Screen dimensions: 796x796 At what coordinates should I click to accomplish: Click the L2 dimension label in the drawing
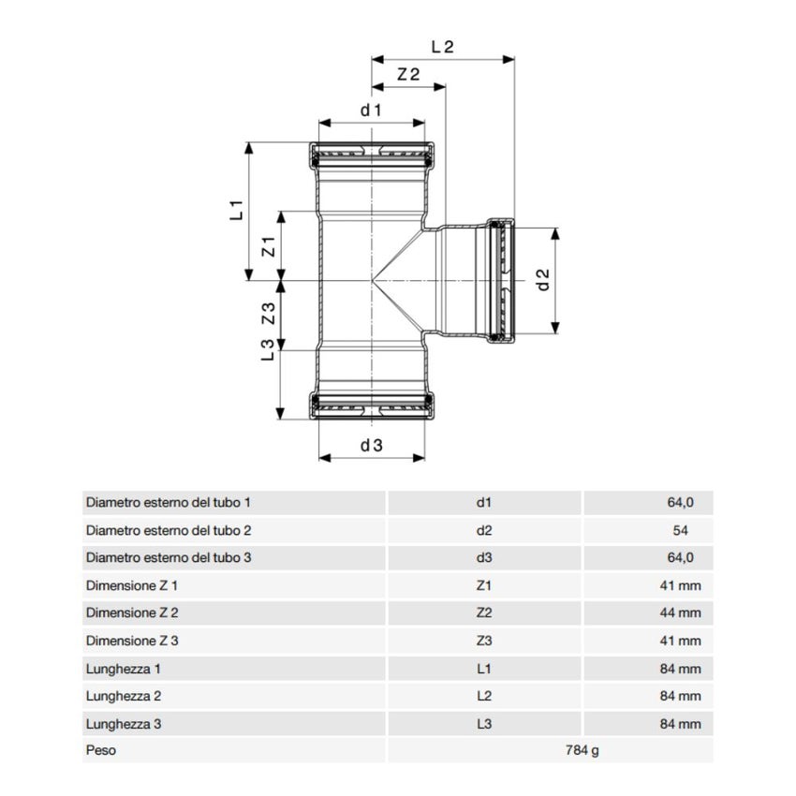442,46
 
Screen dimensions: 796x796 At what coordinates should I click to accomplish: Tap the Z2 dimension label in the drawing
407,76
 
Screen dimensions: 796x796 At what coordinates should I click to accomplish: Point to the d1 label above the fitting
372,111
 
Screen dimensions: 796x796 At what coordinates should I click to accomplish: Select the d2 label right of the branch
541,279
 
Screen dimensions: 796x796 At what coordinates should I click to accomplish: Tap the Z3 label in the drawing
267,313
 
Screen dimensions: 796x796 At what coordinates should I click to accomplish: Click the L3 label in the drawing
267,350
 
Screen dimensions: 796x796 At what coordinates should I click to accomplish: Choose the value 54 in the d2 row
681,530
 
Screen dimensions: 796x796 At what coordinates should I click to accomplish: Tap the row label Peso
101,751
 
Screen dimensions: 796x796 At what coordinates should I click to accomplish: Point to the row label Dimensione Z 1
131,585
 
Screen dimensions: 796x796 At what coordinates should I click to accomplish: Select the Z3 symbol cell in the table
484,641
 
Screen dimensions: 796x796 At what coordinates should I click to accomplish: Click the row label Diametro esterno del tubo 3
169,558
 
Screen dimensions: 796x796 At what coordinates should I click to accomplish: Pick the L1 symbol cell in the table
484,669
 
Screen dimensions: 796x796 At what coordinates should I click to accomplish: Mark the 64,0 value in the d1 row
681,503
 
